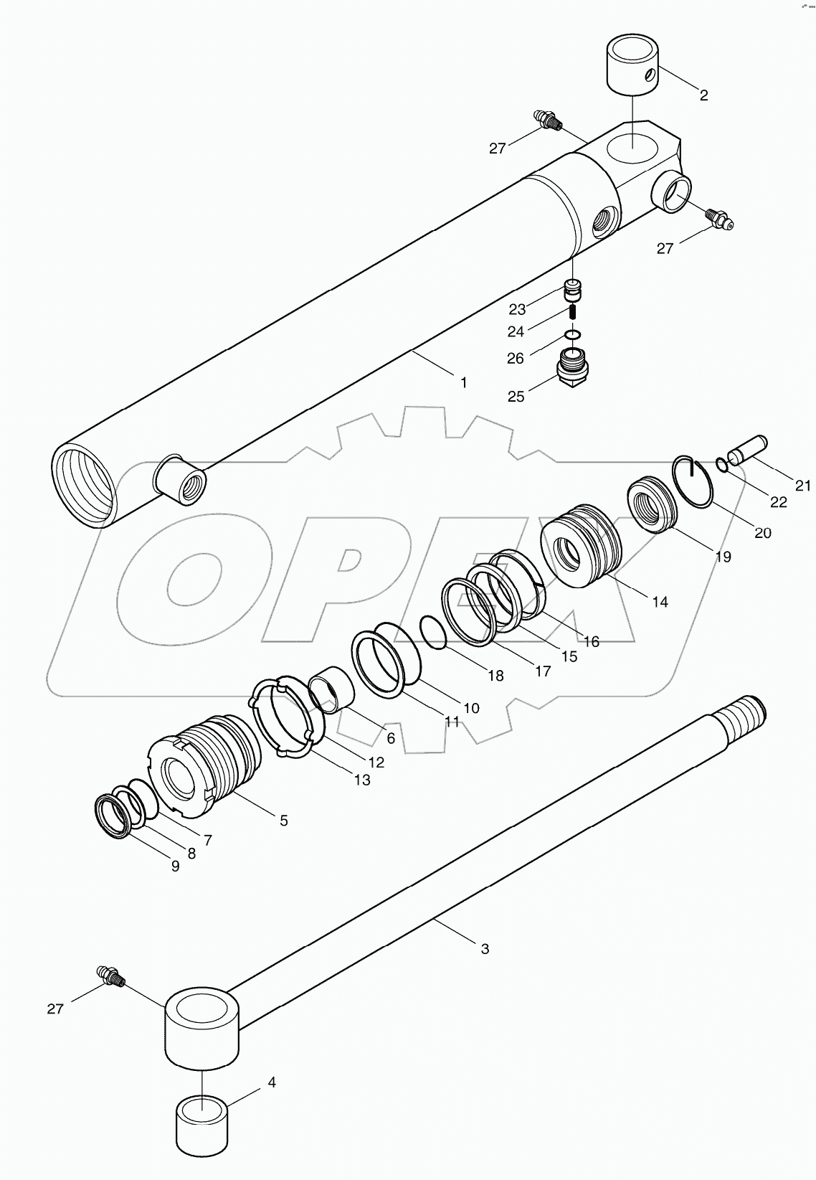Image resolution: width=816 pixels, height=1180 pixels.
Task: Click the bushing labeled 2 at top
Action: click(632, 65)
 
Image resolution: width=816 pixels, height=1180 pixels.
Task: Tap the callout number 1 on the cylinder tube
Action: click(464, 383)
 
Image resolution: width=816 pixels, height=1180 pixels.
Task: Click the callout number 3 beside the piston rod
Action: click(485, 948)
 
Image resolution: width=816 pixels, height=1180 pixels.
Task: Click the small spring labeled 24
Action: click(573, 313)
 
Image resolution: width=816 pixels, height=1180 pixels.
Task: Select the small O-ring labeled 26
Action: click(572, 334)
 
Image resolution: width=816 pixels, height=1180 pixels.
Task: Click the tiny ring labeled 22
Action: click(722, 466)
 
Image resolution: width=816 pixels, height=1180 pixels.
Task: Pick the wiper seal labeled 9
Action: click(113, 816)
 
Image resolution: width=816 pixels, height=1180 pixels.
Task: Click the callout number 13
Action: click(363, 780)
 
